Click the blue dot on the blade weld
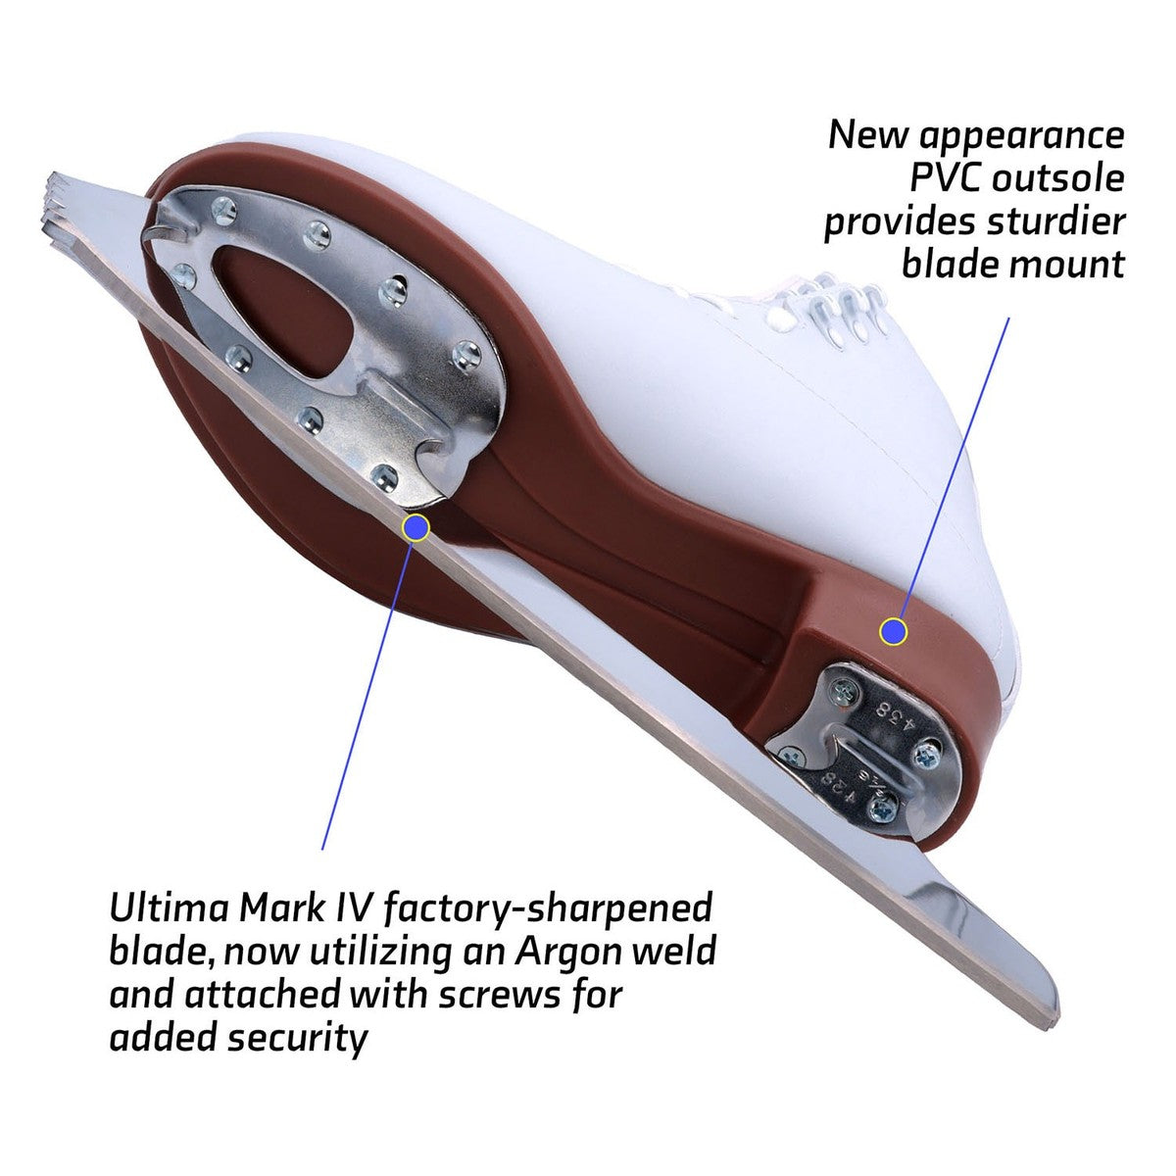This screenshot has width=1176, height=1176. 416,527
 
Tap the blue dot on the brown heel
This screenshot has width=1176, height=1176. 894,631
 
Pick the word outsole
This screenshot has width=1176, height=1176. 1057,178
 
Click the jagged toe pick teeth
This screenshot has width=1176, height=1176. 66,209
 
